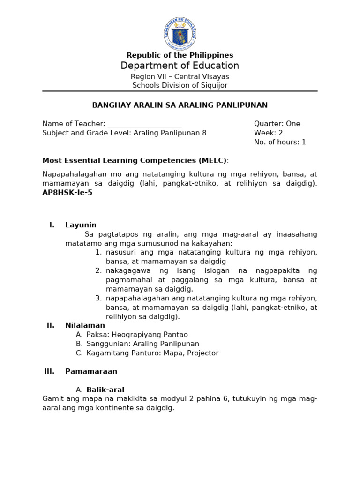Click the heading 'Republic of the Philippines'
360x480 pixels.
tap(180, 55)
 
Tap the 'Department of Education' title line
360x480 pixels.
tap(180, 66)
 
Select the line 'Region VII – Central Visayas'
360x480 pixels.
tap(180, 76)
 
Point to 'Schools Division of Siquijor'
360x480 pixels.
tap(180, 85)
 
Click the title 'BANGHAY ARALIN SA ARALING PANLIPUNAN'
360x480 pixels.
tap(180, 105)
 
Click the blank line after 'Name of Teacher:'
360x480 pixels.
tap(144, 124)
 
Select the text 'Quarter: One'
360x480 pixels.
tap(277, 124)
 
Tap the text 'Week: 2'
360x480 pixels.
tap(268, 133)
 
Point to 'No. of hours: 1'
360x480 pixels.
tap(280, 142)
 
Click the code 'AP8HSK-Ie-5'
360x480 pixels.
tap(67, 193)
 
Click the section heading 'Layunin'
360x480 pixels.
tap(81, 225)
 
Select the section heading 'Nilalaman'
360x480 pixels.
tap(85, 325)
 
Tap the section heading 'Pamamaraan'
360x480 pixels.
tap(91, 371)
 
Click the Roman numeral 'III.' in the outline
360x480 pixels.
tap(49, 371)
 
